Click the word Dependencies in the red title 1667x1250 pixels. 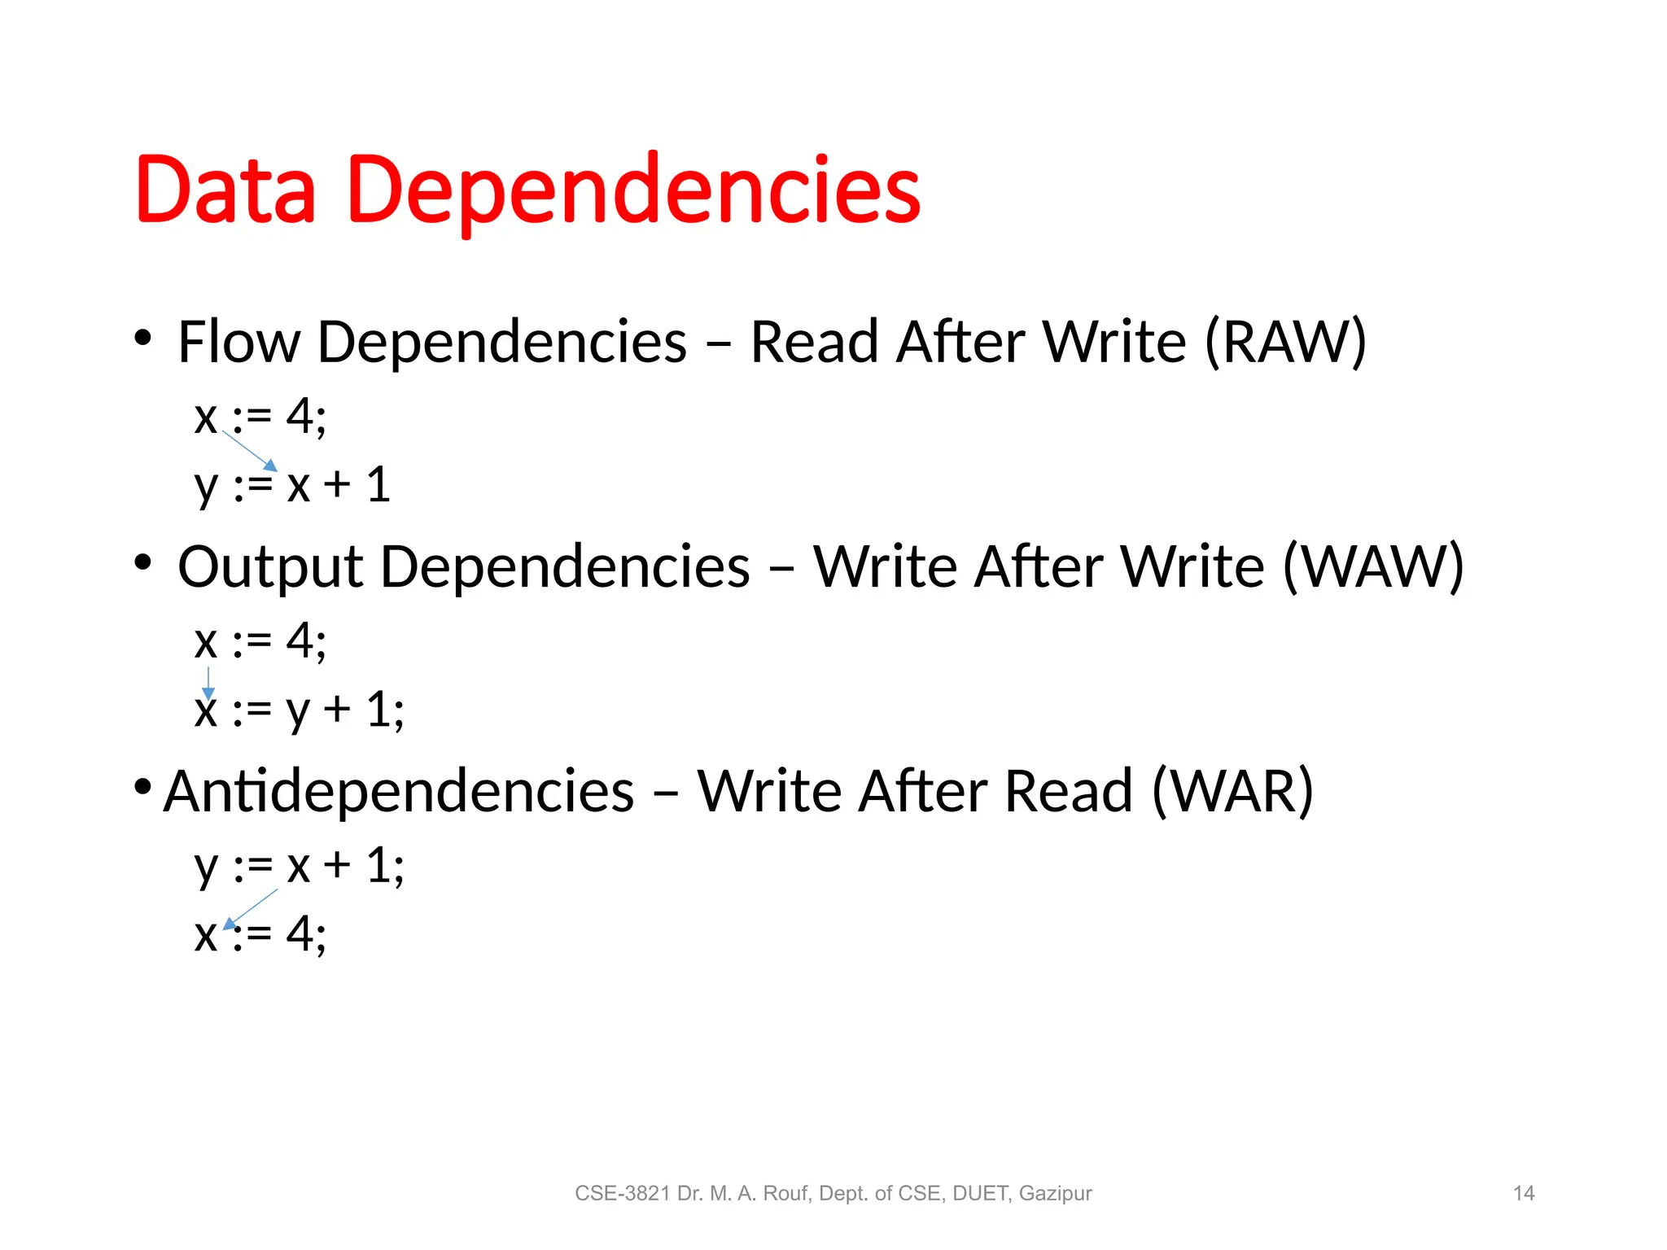pyautogui.click(x=633, y=191)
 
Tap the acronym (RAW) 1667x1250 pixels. pyautogui.click(x=1284, y=342)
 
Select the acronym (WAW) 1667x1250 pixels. pyautogui.click(x=1373, y=566)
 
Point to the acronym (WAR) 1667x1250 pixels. pyautogui.click(x=1232, y=791)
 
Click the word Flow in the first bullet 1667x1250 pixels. pyautogui.click(x=238, y=342)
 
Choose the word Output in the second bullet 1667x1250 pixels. pyautogui.click(x=269, y=568)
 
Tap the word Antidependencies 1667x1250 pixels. pyautogui.click(x=399, y=791)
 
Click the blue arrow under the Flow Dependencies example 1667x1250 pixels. pyautogui.click(x=250, y=451)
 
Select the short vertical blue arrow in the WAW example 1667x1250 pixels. pyautogui.click(x=208, y=682)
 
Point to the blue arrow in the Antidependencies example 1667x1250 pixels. pyautogui.click(x=251, y=908)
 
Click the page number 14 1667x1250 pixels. pyautogui.click(x=1523, y=1194)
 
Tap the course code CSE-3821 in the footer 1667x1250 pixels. pyautogui.click(x=623, y=1194)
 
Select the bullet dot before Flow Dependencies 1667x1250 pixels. pyautogui.click(x=143, y=338)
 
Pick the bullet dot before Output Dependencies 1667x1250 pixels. pyautogui.click(x=143, y=562)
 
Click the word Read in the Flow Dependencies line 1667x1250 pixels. pyautogui.click(x=814, y=342)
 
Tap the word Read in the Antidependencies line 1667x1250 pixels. pyautogui.click(x=1068, y=791)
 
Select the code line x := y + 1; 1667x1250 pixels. pyautogui.click(x=299, y=710)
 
